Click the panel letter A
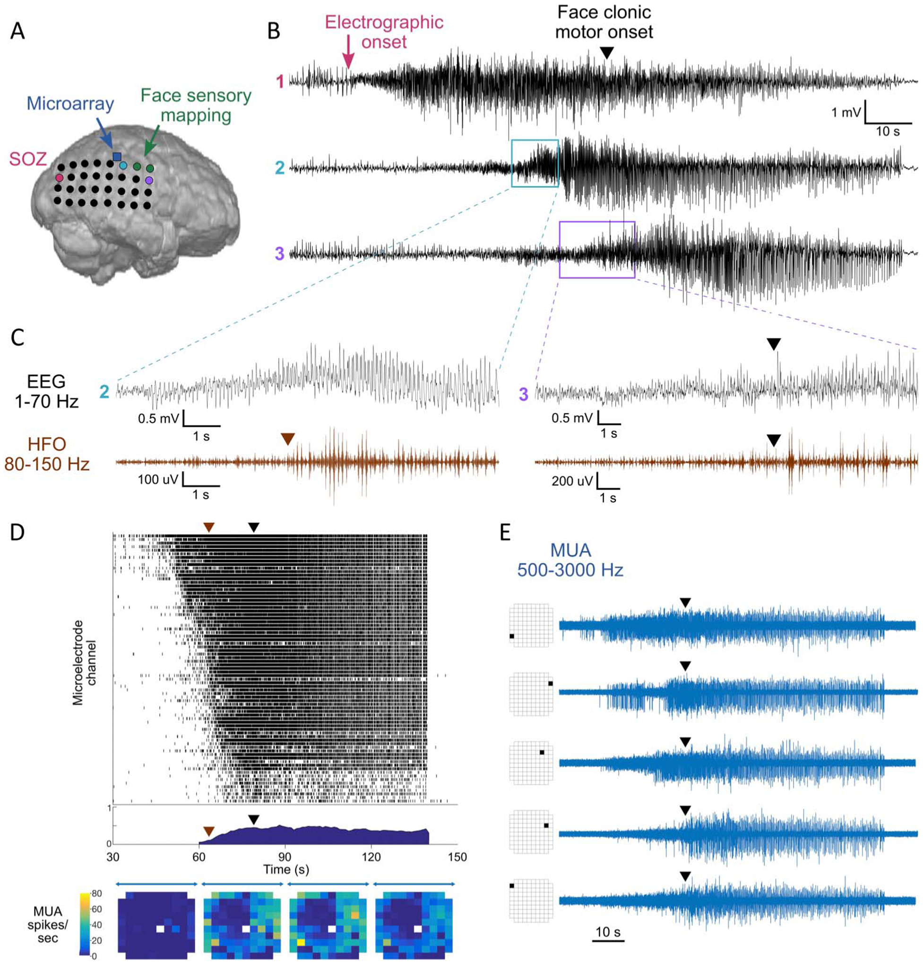pyautogui.click(x=17, y=32)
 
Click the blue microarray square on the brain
pyautogui.click(x=117, y=157)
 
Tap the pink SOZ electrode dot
pyautogui.click(x=60, y=178)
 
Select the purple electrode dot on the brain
pyautogui.click(x=149, y=181)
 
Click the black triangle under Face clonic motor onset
pyautogui.click(x=607, y=53)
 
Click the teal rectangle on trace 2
pyautogui.click(x=535, y=163)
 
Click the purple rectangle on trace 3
pyautogui.click(x=597, y=250)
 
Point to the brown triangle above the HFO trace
pyautogui.click(x=288, y=439)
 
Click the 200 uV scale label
pyautogui.click(x=572, y=481)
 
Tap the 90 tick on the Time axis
pyautogui.click(x=285, y=857)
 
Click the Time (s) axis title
pyautogui.click(x=286, y=869)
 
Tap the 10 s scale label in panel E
pyautogui.click(x=608, y=932)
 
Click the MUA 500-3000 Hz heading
pyautogui.click(x=570, y=560)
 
